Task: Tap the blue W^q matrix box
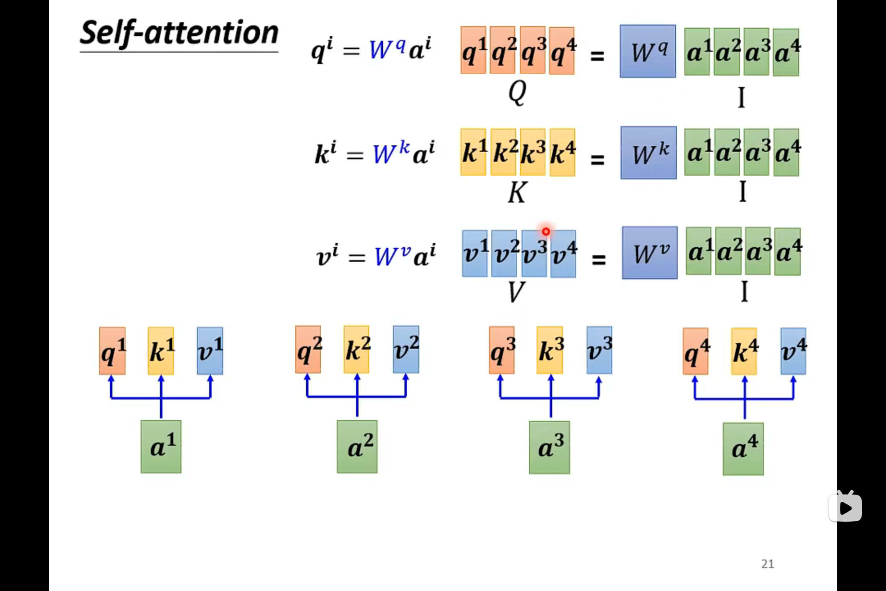pos(648,51)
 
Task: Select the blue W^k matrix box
pos(649,153)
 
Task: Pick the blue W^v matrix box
pos(649,253)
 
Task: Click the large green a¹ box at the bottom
pos(161,447)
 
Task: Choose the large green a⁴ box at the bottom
pos(743,449)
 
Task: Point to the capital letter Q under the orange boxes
pos(517,93)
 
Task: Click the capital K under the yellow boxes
pos(516,192)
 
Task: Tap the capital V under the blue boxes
pos(516,292)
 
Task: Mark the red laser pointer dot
pos(546,232)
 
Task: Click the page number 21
pos(767,564)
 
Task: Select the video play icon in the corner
pos(845,507)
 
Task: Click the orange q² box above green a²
pos(308,350)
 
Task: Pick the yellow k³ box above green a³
pos(550,350)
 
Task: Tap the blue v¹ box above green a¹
pos(210,350)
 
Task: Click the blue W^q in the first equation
pos(387,49)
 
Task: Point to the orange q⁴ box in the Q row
pos(562,51)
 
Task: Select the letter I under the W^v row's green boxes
pos(744,291)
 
